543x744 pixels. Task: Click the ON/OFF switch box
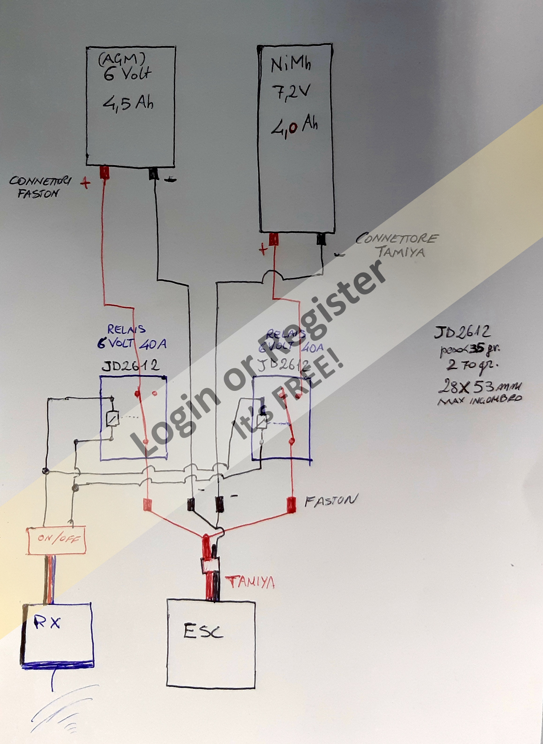coord(56,540)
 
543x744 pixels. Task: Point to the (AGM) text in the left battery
coord(122,59)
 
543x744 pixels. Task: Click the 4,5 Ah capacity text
coord(128,102)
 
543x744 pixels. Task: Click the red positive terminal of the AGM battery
coord(105,173)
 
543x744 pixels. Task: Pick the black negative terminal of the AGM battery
coord(153,174)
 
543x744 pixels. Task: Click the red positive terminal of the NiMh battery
coord(274,239)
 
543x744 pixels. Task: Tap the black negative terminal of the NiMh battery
coord(321,239)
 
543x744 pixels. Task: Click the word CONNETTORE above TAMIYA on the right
coord(397,238)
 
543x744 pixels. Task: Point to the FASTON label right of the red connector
coord(331,501)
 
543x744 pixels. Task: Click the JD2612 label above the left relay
coord(130,366)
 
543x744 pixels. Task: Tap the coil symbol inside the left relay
coord(112,418)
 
